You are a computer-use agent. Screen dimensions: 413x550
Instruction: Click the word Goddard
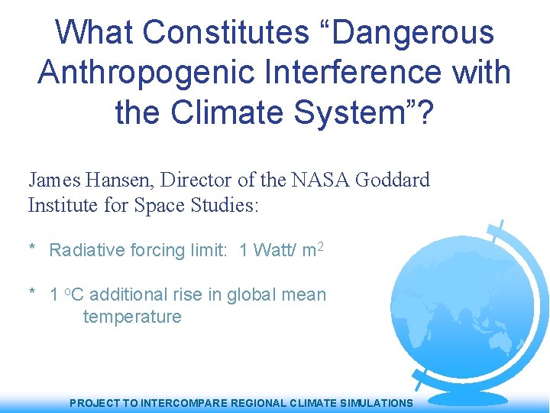point(393,180)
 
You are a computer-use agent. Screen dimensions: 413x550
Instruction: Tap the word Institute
point(60,205)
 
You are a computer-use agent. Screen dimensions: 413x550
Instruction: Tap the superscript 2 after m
point(322,246)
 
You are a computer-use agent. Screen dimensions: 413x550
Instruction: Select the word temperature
point(132,317)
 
